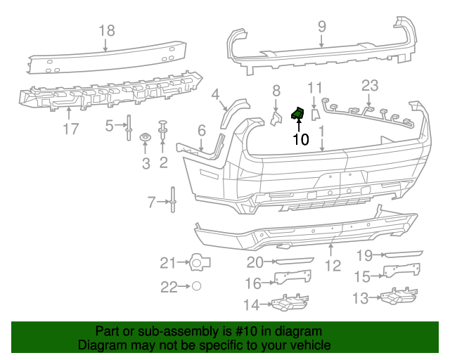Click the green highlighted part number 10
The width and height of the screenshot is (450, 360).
(x=298, y=112)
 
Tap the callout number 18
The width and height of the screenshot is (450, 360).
(x=106, y=30)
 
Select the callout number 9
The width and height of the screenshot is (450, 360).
(x=321, y=27)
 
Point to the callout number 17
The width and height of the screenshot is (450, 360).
(x=70, y=129)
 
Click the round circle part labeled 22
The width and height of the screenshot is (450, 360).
(x=197, y=286)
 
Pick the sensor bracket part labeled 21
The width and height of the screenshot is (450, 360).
(x=200, y=263)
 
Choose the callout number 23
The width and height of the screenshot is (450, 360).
(x=370, y=86)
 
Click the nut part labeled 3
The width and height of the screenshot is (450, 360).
(x=146, y=137)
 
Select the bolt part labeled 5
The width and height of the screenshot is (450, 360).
(x=129, y=127)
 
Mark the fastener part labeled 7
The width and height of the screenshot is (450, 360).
(x=172, y=202)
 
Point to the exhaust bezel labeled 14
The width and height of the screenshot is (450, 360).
(x=288, y=304)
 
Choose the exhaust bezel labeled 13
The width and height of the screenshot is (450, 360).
(x=398, y=298)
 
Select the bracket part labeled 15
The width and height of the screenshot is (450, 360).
(x=402, y=271)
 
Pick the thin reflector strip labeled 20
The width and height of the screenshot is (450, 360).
(x=293, y=261)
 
